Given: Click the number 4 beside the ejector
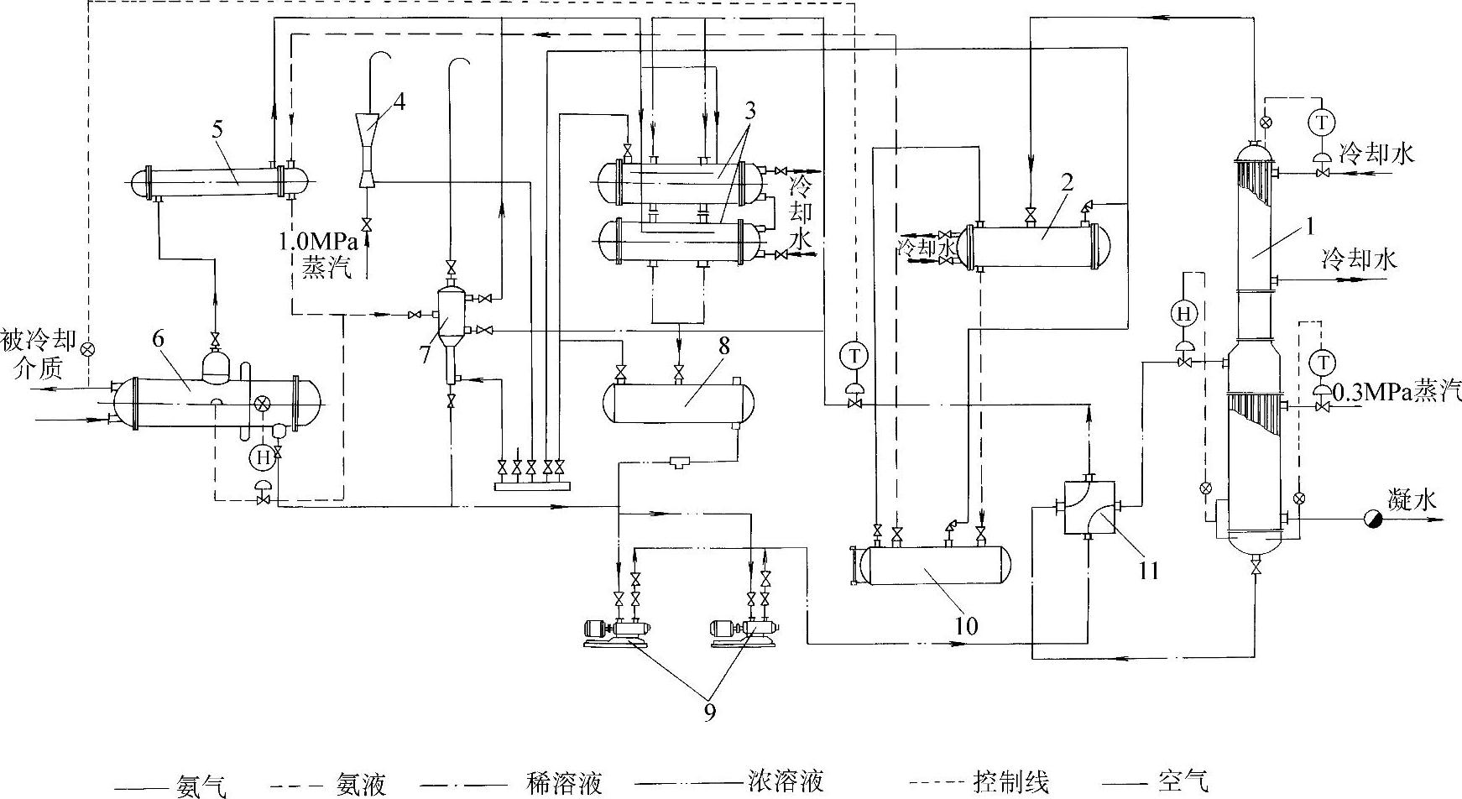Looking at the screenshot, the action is [x=399, y=103].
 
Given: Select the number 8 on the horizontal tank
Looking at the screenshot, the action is [x=723, y=345].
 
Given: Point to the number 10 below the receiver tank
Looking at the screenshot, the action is [x=966, y=625].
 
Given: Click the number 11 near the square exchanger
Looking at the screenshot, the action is [x=1149, y=571].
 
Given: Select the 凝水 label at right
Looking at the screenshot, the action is [x=1412, y=501].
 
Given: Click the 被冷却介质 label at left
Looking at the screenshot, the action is [x=39, y=354].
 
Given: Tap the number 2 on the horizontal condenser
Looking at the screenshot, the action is [x=1067, y=184].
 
